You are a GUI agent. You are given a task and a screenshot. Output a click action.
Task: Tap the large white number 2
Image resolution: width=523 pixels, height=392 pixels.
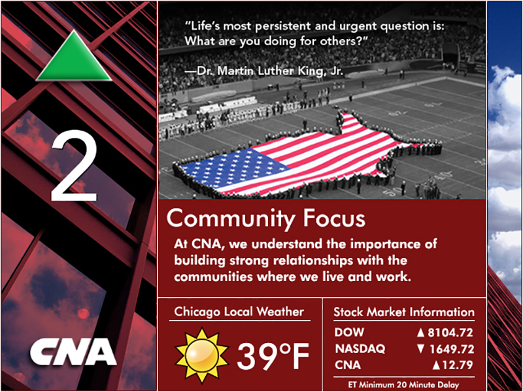tap(74, 166)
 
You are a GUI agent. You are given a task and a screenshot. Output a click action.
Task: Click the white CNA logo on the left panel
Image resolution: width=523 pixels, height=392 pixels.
tap(73, 351)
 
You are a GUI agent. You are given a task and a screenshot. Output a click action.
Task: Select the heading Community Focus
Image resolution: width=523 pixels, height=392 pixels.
tap(266, 218)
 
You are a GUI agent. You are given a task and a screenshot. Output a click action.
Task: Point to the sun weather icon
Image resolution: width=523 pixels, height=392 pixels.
tap(202, 355)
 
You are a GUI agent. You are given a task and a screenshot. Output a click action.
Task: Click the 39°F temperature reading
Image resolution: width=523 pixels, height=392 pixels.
tap(273, 356)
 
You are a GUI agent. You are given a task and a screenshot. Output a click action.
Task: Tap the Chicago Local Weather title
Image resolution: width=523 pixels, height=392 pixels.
tap(239, 312)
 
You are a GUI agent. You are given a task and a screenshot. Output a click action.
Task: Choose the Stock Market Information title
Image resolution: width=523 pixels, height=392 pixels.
tap(404, 312)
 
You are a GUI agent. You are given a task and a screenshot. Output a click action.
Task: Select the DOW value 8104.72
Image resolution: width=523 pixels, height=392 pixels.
tap(450, 333)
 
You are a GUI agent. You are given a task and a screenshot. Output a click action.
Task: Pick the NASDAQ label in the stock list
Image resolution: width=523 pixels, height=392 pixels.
tap(360, 349)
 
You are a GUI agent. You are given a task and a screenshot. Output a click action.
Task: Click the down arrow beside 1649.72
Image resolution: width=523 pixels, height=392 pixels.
tap(421, 349)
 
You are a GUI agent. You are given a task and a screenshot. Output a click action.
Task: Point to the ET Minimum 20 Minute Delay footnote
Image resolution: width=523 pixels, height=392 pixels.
tap(403, 385)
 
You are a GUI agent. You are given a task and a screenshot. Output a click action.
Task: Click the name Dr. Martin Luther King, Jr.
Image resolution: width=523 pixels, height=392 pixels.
tap(270, 71)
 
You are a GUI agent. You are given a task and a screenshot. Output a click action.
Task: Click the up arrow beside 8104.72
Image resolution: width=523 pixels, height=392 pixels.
tap(420, 333)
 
